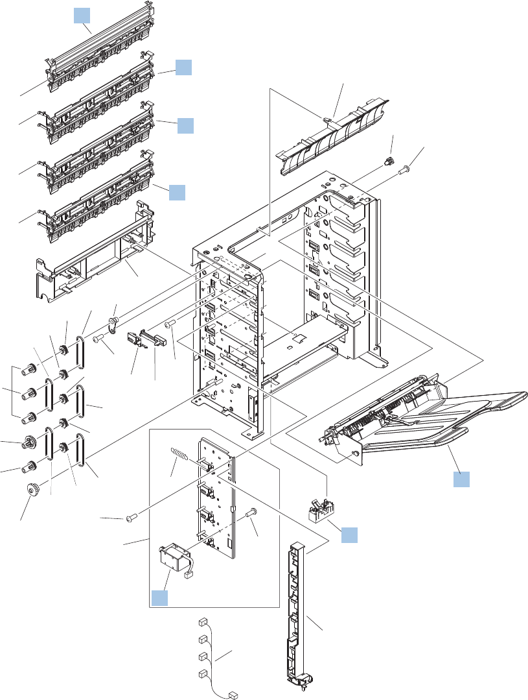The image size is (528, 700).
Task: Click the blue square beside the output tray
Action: (461, 480)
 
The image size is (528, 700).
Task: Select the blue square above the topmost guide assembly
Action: (80, 15)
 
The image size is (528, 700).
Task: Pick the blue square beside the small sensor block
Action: (349, 535)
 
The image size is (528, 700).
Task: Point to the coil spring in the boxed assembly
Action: (181, 455)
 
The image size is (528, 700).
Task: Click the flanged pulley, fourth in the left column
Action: (29, 443)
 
